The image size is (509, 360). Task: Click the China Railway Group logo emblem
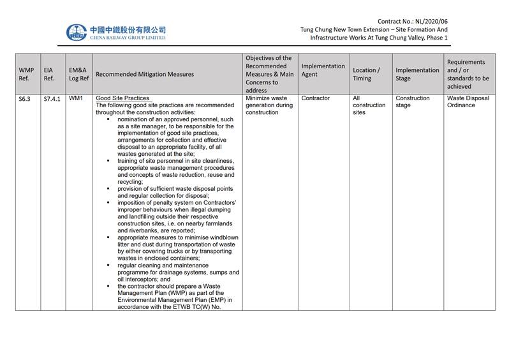[77, 33]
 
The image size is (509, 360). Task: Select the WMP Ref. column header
[26, 74]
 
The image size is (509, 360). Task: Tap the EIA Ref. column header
[48, 74]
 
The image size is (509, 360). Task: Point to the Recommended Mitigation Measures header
[144, 74]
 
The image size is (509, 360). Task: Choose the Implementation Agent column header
[323, 70]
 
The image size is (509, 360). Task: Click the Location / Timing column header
[366, 74]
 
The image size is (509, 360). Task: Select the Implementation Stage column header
[417, 74]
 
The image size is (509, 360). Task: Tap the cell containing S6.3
[24, 99]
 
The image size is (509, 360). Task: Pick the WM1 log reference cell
[76, 98]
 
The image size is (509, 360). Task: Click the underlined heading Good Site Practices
[122, 98]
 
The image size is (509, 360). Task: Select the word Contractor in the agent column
[315, 98]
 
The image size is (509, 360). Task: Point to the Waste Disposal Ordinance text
[468, 101]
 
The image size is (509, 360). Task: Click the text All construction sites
[369, 105]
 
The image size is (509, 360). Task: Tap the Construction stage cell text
[413, 101]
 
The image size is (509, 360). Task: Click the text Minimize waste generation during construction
[269, 105]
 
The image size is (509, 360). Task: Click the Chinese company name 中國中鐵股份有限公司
[128, 29]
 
